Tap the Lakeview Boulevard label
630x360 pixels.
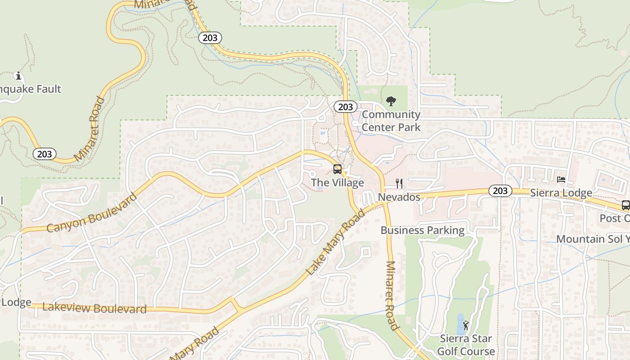pos(94,308)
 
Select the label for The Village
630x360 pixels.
pos(337,183)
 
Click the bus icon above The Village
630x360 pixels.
pos(337,169)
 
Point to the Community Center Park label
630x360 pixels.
pos(391,121)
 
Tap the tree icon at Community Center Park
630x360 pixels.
pos(391,101)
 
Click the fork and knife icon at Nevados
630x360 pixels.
pos(399,183)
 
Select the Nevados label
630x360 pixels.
pos(399,197)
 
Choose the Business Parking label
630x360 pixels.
pos(423,230)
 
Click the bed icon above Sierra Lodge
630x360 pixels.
pos(561,179)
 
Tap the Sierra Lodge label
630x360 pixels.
pos(561,193)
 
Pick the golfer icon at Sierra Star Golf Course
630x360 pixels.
pos(466,325)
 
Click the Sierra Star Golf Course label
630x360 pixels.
pos(466,345)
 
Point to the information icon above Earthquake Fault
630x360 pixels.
pos(18,75)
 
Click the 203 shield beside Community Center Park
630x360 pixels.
pos(346,107)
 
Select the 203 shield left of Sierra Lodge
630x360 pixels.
pos(500,191)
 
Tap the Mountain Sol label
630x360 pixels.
pos(593,239)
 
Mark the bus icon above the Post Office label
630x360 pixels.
pos(625,205)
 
